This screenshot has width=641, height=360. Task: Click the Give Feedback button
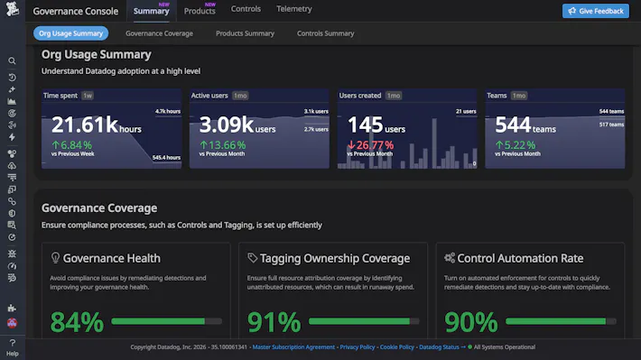595,11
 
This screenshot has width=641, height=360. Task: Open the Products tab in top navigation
200,11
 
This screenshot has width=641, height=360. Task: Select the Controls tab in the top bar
246,10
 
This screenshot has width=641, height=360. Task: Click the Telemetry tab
294,10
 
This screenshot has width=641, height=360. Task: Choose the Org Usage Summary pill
71,33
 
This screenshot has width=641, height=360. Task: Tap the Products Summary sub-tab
245,33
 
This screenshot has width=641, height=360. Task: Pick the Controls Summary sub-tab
325,33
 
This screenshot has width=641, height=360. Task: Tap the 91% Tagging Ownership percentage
274,321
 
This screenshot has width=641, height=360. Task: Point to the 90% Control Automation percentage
470,321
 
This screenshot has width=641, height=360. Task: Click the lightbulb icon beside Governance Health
56,258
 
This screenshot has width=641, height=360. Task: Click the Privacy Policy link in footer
358,346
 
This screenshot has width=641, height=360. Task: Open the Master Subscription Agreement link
293,346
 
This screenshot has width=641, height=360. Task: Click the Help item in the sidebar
12,348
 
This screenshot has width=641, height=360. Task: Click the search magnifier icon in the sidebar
12,61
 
